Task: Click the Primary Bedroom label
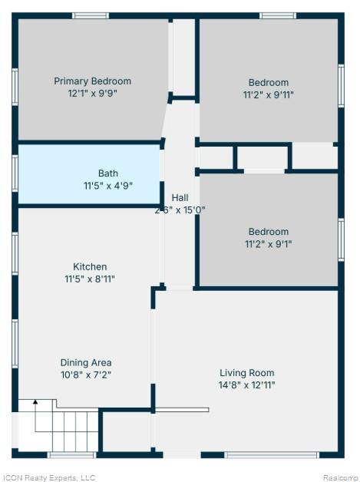pyautogui.click(x=93, y=81)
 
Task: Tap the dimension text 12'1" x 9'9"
pyautogui.click(x=93, y=93)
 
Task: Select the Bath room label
pyautogui.click(x=108, y=173)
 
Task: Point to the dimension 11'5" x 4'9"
pyautogui.click(x=108, y=186)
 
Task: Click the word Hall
pyautogui.click(x=180, y=198)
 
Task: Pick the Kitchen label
pyautogui.click(x=90, y=266)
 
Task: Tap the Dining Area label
pyautogui.click(x=86, y=363)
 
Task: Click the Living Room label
pyautogui.click(x=247, y=373)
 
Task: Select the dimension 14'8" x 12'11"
pyautogui.click(x=247, y=385)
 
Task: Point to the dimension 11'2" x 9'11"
pyautogui.click(x=269, y=94)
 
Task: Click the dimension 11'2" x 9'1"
pyautogui.click(x=269, y=244)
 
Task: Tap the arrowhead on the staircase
pyautogui.click(x=35, y=401)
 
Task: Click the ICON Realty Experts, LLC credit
pyautogui.click(x=48, y=477)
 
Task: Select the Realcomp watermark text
pyautogui.click(x=340, y=477)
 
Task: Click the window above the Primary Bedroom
pyautogui.click(x=91, y=15)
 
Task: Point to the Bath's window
pyautogui.click(x=15, y=173)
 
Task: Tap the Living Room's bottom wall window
pyautogui.click(x=271, y=455)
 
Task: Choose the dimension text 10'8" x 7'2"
pyautogui.click(x=86, y=375)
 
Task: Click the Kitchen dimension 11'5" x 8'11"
pyautogui.click(x=90, y=279)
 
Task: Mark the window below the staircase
pyautogui.click(x=71, y=455)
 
